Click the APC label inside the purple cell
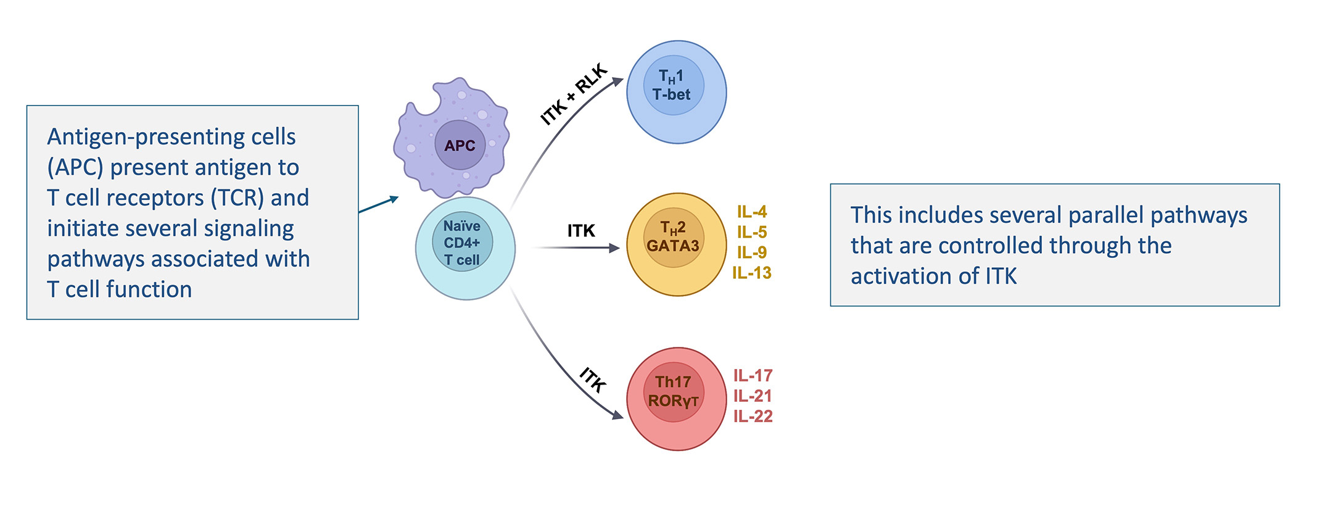tap(460, 146)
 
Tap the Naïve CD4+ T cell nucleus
tap(462, 243)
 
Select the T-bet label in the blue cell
tap(671, 94)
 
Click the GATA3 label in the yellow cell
tap(672, 246)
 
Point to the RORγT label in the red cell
tap(673, 401)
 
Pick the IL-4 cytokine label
tap(752, 212)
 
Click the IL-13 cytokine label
tap(752, 273)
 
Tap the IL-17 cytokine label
tap(753, 375)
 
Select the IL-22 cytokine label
tap(753, 417)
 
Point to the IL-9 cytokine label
tap(752, 252)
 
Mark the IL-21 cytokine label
tap(753, 396)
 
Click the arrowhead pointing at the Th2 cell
tap(614, 247)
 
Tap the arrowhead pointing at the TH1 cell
tap(617, 81)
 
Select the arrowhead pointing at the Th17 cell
tap(617, 415)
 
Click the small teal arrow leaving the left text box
tap(379, 205)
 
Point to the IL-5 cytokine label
tap(752, 232)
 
